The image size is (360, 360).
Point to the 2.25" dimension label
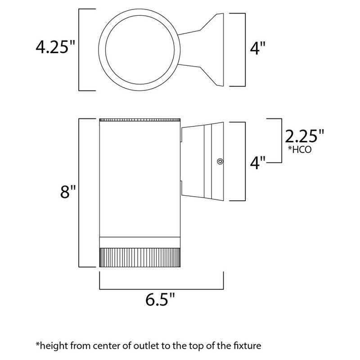[x=304, y=136]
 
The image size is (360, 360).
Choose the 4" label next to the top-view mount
[x=260, y=48]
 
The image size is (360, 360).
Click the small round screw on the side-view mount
[x=220, y=160]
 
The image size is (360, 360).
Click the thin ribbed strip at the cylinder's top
[x=140, y=120]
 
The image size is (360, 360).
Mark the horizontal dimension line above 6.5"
[x=162, y=287]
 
